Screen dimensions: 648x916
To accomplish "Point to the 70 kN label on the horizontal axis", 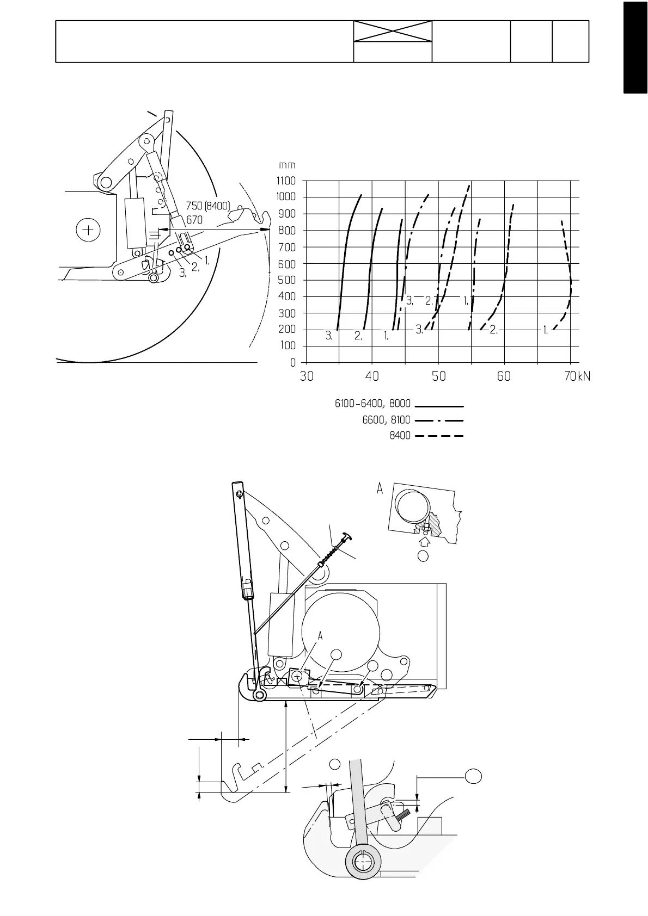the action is tap(577, 376).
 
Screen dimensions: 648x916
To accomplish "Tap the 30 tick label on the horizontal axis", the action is tap(307, 376).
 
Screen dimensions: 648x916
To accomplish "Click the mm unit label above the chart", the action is tap(287, 165).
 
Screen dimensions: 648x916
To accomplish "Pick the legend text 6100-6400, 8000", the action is tap(372, 405).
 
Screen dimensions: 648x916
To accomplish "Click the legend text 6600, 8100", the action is tap(386, 420).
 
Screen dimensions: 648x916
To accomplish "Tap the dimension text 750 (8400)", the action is tap(208, 207).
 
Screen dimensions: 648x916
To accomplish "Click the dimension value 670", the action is tap(194, 220).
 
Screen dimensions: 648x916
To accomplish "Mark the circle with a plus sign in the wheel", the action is tap(88, 230).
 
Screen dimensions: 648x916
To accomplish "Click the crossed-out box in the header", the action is tap(393, 31).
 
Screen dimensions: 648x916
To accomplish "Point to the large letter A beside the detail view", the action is tap(380, 489).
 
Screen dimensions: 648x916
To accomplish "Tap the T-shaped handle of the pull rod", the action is tap(347, 537).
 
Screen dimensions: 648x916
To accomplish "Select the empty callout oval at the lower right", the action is tap(474, 776).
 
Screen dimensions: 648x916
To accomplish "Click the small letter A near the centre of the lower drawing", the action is tap(321, 635).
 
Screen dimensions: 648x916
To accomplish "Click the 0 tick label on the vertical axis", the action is tap(293, 362).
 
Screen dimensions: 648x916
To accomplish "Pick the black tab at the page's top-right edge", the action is tap(635, 47).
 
